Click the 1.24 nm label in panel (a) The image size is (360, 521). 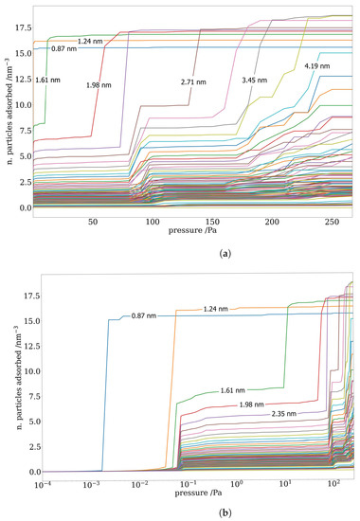(91, 41)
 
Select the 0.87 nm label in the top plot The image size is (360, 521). (63, 48)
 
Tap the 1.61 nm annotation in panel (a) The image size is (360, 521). (47, 81)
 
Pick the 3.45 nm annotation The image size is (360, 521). (255, 80)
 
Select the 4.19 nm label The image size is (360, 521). (316, 66)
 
